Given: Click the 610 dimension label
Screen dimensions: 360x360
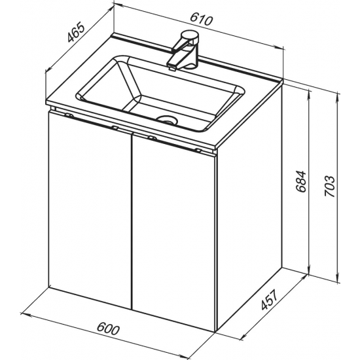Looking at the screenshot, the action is (201, 20).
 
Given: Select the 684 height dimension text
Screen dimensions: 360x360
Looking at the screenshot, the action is (301, 181).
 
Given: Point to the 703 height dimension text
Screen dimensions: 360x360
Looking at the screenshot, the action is (330, 187).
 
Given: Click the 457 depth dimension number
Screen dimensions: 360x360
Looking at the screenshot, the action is (269, 300).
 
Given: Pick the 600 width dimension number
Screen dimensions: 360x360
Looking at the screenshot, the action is (108, 329).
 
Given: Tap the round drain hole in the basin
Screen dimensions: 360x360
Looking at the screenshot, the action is (167, 119).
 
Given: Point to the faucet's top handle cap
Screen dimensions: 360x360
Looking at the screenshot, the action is (190, 36).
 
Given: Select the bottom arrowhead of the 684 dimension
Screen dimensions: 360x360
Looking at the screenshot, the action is (309, 269).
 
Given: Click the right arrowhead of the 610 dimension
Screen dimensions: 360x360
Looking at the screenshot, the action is (279, 48).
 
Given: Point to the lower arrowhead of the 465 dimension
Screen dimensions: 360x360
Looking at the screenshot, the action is (49, 69).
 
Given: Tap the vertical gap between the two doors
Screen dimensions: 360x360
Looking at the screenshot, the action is (132, 221).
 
